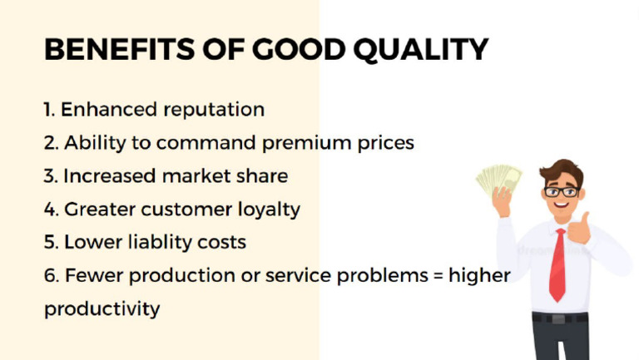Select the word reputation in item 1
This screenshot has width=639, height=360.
pos(213,110)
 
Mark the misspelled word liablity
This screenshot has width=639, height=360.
pos(161,242)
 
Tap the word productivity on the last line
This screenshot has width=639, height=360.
pos(102,309)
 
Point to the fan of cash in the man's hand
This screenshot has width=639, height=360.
pos(499,177)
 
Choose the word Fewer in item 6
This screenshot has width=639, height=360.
pos(92,275)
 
